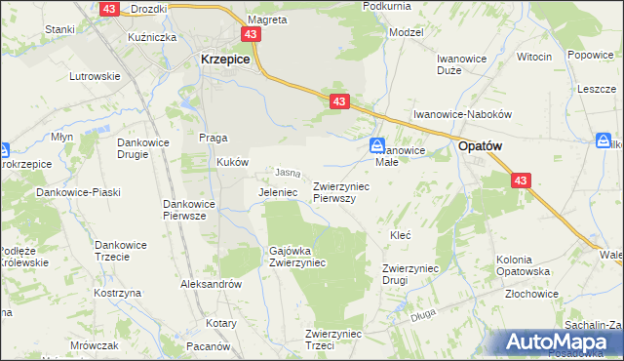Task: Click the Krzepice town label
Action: pyautogui.click(x=225, y=59)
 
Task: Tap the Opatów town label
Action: pyautogui.click(x=481, y=145)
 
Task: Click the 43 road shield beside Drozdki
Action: pyautogui.click(x=108, y=8)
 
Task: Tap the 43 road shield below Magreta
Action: pyautogui.click(x=253, y=34)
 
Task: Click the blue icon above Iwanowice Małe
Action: pyautogui.click(x=376, y=146)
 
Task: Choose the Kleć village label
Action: pyautogui.click(x=400, y=235)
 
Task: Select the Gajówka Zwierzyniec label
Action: pyautogui.click(x=297, y=257)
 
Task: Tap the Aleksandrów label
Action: pyautogui.click(x=211, y=284)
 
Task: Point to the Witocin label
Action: pyautogui.click(x=533, y=57)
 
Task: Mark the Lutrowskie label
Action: pyautogui.click(x=94, y=76)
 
